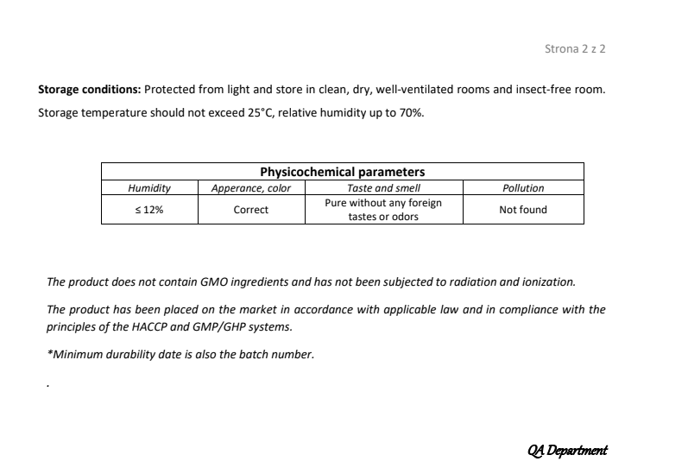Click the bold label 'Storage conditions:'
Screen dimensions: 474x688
tap(89, 90)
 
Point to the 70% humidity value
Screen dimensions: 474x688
tap(411, 113)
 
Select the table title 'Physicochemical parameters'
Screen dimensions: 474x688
tap(342, 172)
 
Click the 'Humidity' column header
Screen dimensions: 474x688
tap(149, 188)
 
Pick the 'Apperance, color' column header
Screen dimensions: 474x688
tap(251, 188)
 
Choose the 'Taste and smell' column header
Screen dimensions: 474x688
tap(383, 188)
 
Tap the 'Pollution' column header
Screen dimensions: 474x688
tap(523, 188)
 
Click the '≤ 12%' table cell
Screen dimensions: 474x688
tap(149, 210)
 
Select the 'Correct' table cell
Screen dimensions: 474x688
tap(251, 210)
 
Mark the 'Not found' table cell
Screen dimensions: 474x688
tap(523, 210)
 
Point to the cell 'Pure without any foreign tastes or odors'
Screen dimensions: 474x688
tap(383, 210)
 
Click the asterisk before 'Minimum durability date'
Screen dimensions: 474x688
tap(48, 353)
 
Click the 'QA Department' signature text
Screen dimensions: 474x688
tap(566, 450)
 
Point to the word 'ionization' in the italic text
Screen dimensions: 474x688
tap(547, 281)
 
